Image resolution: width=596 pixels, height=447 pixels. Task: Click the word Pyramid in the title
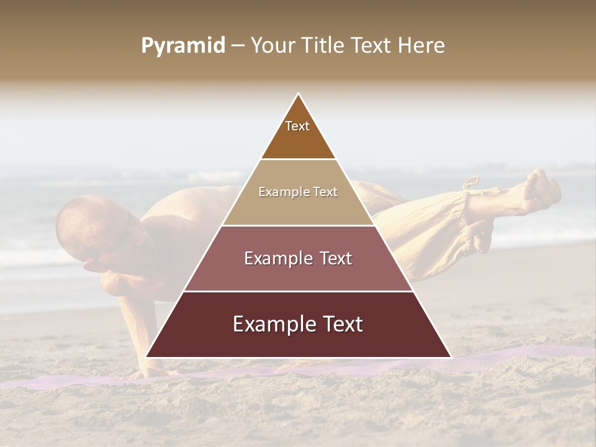pyautogui.click(x=183, y=46)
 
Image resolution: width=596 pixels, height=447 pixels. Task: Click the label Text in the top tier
pyautogui.click(x=297, y=126)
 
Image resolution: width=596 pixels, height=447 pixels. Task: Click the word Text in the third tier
pyautogui.click(x=332, y=258)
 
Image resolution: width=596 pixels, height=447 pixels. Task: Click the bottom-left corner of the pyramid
pyautogui.click(x=147, y=356)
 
